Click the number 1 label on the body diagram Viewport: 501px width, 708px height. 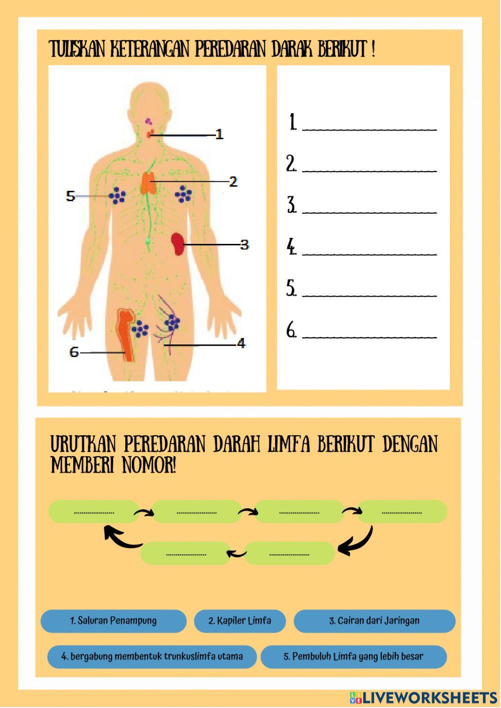[x=219, y=134]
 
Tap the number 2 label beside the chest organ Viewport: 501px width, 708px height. [x=233, y=181]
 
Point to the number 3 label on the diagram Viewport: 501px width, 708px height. [x=244, y=244]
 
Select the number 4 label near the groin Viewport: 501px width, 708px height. [x=241, y=343]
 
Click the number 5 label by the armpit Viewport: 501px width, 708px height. [x=71, y=196]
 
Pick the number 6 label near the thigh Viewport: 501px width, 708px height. [x=74, y=352]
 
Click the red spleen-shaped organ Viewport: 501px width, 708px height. [x=177, y=244]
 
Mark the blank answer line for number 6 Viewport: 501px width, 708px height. [x=370, y=335]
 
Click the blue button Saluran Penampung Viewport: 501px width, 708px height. [x=113, y=621]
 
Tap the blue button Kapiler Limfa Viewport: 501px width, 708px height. [x=239, y=621]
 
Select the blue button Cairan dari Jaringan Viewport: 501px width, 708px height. [x=374, y=621]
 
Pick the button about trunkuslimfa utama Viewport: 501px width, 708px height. [x=152, y=656]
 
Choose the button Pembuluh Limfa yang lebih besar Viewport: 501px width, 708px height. [x=353, y=656]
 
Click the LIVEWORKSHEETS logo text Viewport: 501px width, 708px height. [x=429, y=697]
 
